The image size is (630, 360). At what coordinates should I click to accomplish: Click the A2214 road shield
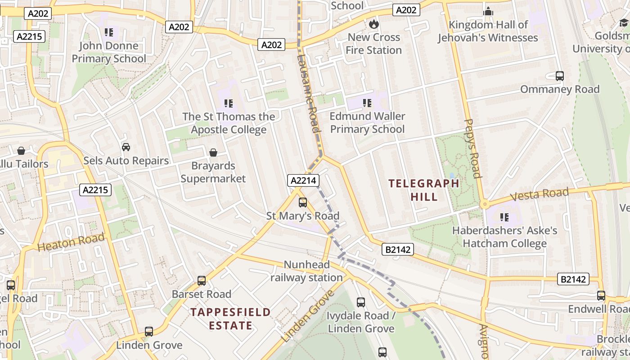click(x=304, y=181)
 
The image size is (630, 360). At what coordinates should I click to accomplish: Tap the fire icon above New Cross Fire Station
click(x=373, y=24)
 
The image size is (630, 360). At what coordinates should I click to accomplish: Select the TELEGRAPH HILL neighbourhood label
click(x=424, y=190)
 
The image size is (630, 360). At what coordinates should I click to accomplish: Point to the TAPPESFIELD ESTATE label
click(x=230, y=319)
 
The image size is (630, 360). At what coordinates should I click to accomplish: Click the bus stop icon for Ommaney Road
click(x=560, y=76)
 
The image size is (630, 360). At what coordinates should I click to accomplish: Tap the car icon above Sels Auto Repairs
click(x=126, y=147)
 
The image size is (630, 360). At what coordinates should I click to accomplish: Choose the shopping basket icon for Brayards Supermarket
click(x=213, y=153)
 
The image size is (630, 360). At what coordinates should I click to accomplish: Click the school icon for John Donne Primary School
click(x=108, y=32)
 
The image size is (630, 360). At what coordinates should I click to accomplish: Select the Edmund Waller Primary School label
click(x=367, y=123)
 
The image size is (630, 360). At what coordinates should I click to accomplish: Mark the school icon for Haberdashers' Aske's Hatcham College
click(x=504, y=218)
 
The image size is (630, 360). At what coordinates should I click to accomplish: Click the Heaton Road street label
click(x=71, y=242)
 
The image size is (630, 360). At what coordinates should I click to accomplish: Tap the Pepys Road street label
click(x=472, y=148)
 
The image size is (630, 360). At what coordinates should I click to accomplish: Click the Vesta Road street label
click(x=540, y=195)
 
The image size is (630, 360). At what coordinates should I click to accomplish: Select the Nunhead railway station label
click(x=306, y=271)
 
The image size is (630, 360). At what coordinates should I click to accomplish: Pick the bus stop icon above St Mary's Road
click(x=303, y=202)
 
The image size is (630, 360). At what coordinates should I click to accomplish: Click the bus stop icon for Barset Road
click(x=202, y=281)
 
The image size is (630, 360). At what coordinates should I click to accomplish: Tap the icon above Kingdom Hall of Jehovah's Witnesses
click(x=488, y=12)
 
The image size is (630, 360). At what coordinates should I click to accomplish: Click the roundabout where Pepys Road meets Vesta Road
click(x=484, y=204)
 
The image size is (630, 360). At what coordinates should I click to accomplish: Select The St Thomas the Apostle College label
click(x=229, y=123)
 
